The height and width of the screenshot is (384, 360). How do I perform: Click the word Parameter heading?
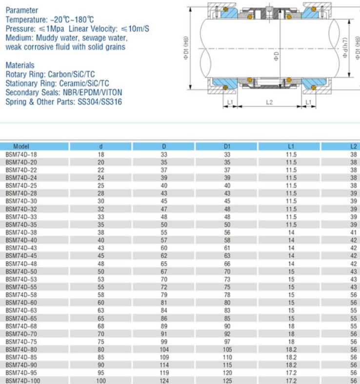[x=21, y=10]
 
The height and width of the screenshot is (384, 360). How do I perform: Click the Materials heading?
[x=20, y=65]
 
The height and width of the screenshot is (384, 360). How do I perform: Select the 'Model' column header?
[x=21, y=146]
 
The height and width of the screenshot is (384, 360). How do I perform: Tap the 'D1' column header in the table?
[x=227, y=146]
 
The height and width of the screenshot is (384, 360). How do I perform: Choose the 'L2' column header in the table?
[x=354, y=146]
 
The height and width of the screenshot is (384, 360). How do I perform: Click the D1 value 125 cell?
[x=227, y=380]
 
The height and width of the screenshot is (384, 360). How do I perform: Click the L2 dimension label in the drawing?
[x=269, y=102]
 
